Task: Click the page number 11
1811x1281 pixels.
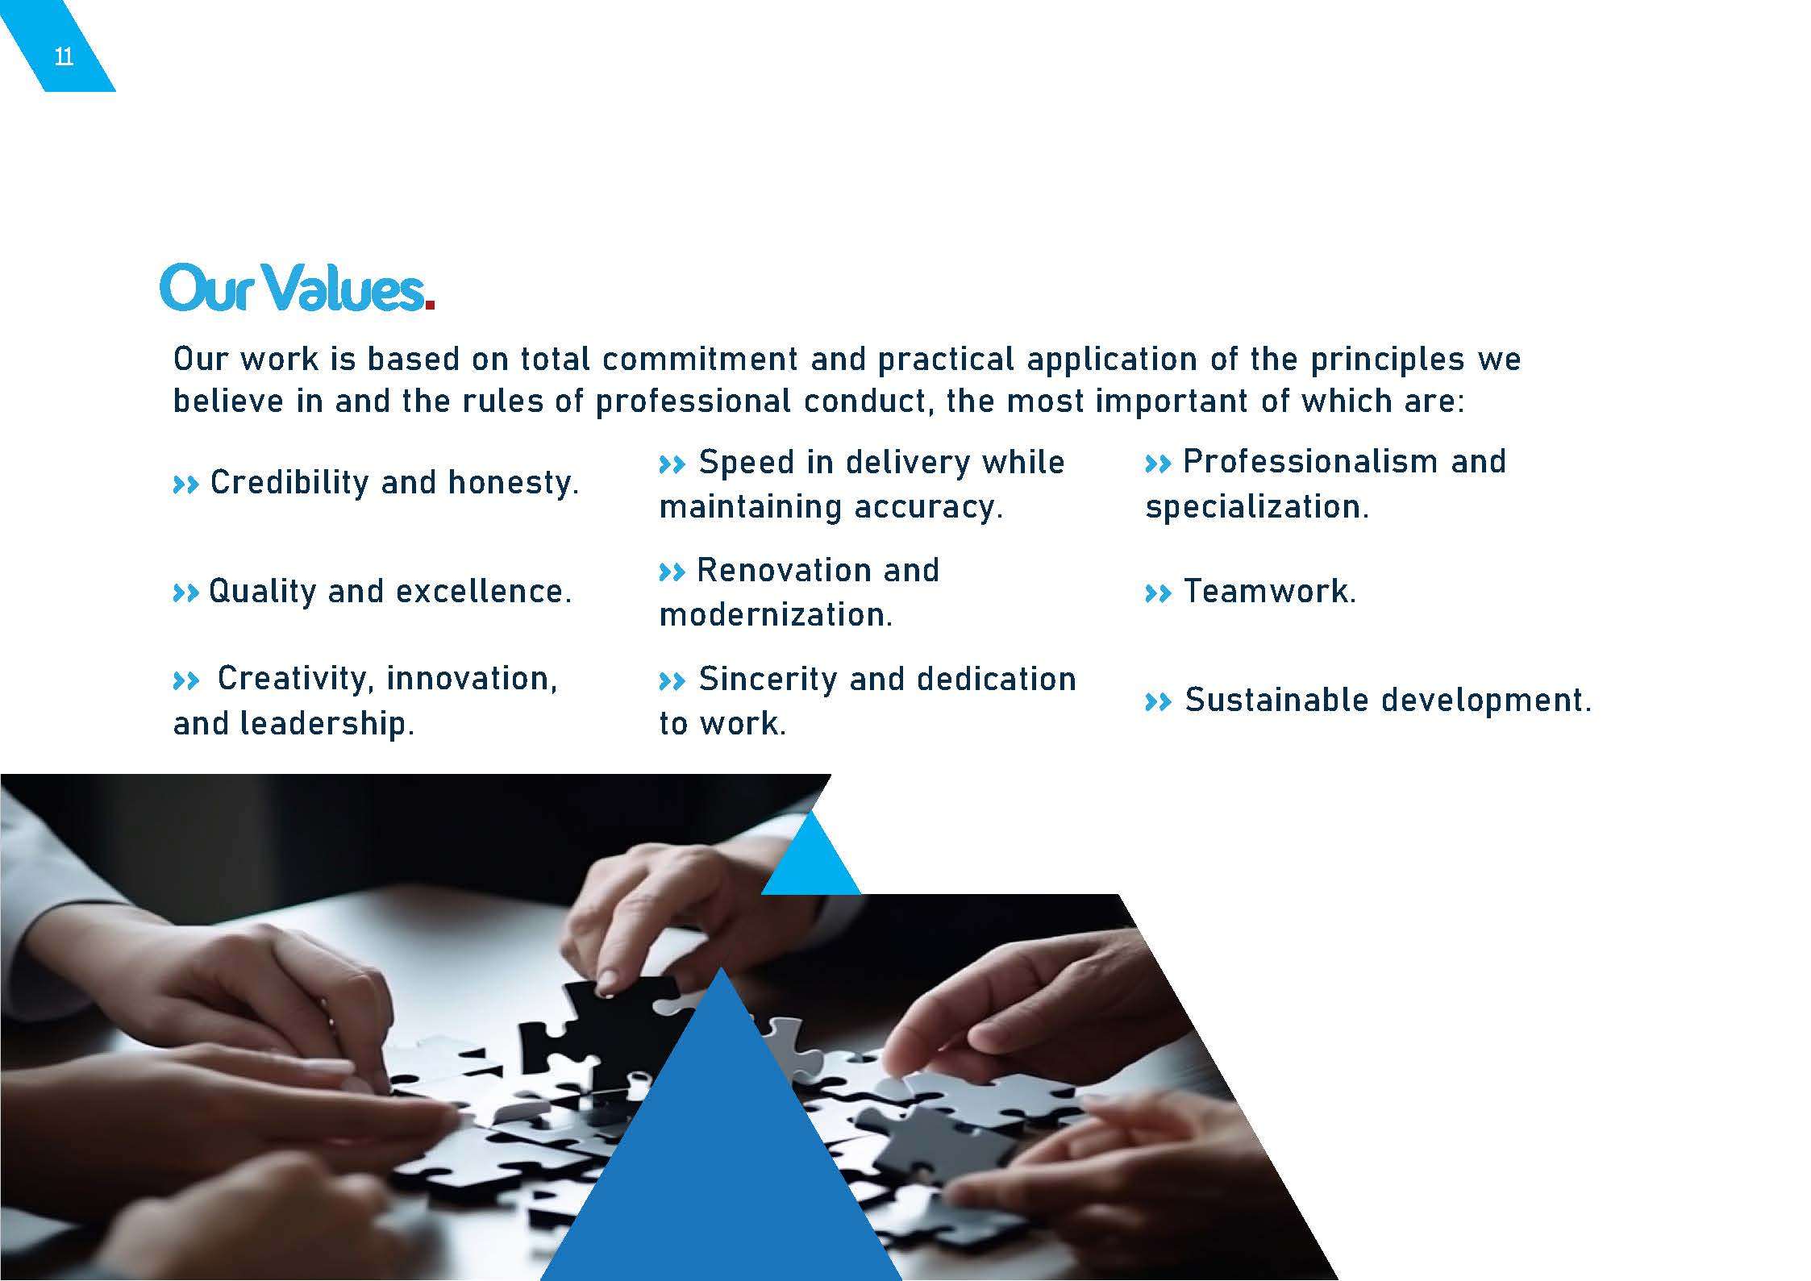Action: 64,57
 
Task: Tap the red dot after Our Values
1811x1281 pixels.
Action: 430,305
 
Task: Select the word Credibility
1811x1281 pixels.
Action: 289,483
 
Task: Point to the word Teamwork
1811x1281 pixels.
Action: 1270,592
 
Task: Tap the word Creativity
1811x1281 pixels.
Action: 294,679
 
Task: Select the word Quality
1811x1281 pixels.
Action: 262,593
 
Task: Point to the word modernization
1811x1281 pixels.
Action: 776,615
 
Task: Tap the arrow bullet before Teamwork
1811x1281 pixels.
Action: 1158,594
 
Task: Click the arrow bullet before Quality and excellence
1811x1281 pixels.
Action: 185,594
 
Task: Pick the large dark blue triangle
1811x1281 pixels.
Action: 721,1161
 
